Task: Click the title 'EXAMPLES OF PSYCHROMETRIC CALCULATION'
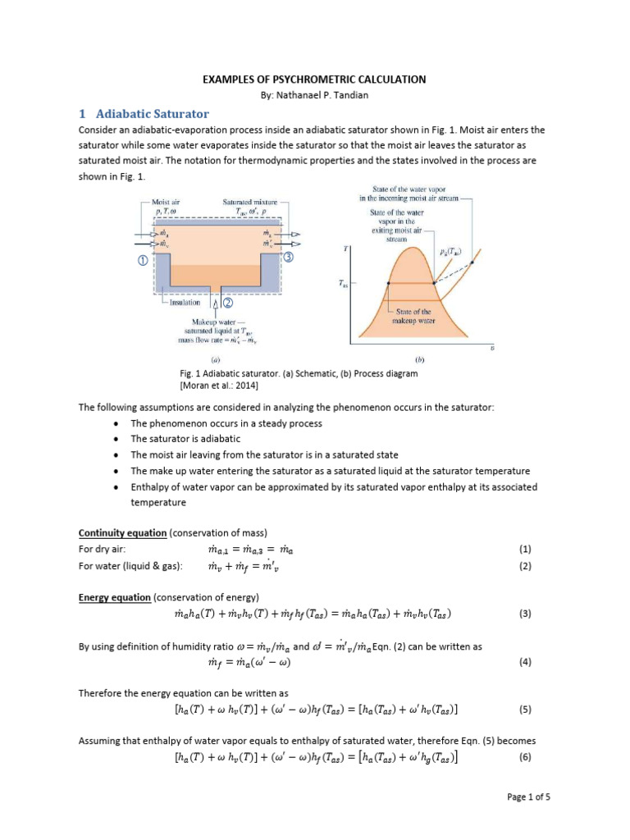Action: [314, 80]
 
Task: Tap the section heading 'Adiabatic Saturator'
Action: [153, 114]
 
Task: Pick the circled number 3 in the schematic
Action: [289, 256]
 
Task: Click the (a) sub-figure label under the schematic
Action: [213, 359]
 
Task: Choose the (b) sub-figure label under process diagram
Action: [420, 359]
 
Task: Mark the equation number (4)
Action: [526, 662]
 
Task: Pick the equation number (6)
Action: [526, 757]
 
